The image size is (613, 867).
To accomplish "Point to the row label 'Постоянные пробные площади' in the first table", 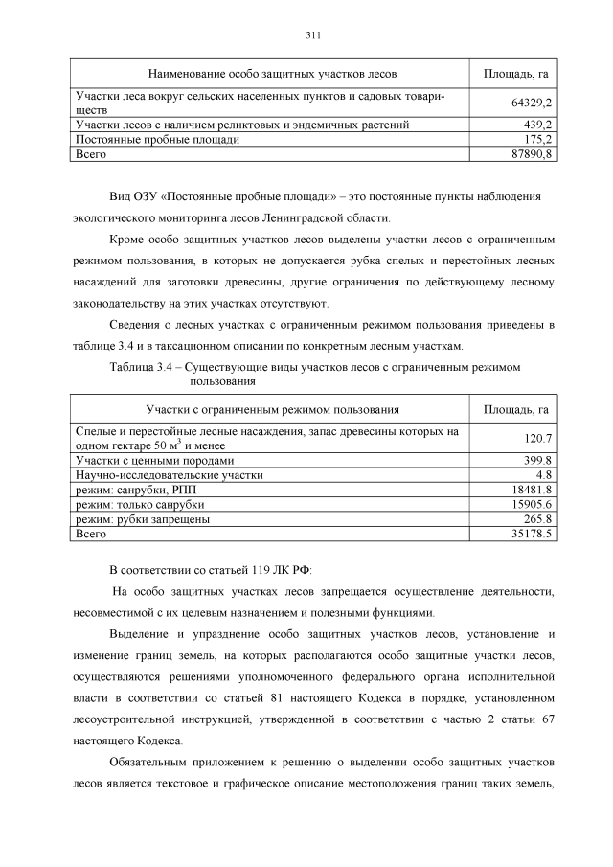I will click(x=157, y=139).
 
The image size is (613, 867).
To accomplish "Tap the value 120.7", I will click(x=538, y=439).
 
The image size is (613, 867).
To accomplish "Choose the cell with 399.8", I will click(x=538, y=461).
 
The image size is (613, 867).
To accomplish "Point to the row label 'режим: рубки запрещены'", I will click(x=143, y=519).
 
